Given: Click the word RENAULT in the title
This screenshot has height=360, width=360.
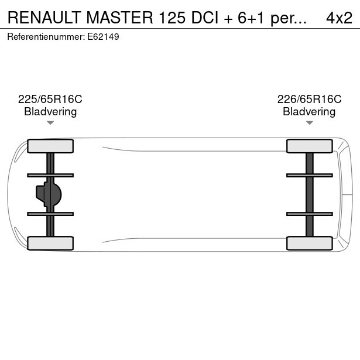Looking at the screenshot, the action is (44, 18).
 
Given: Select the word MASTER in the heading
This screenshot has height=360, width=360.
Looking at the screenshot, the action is (119, 18).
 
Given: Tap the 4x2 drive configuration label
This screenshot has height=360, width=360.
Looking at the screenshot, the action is (339, 18).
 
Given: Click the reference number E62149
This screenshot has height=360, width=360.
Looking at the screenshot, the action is (103, 37).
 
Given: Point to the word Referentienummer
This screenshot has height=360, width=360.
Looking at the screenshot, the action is (46, 37).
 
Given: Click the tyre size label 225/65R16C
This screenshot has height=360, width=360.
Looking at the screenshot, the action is (50, 100).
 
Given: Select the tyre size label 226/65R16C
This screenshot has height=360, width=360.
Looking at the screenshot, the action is (309, 100).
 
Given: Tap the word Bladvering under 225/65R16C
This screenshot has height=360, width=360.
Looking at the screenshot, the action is (50, 112).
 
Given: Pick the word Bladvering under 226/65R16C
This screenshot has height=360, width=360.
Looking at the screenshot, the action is (309, 112).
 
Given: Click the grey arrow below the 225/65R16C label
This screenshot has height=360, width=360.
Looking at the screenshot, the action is (50, 123).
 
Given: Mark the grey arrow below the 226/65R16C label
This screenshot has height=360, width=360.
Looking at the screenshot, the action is (310, 123).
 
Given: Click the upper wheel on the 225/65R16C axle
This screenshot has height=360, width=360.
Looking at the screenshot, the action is (50, 146).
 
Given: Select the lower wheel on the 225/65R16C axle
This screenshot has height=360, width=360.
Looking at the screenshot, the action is (50, 243).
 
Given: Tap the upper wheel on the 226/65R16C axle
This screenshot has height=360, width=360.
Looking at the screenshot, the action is (310, 146).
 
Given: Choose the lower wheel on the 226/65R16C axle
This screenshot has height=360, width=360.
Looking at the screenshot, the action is (310, 243).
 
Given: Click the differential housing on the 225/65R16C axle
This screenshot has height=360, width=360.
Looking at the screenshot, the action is (49, 194).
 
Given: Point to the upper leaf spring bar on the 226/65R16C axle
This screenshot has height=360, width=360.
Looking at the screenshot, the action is (310, 176).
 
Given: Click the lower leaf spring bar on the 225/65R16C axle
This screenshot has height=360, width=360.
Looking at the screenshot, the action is (50, 214).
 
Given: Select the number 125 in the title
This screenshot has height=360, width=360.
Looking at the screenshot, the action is (172, 18).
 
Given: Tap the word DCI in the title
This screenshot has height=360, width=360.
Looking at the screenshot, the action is (204, 18).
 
